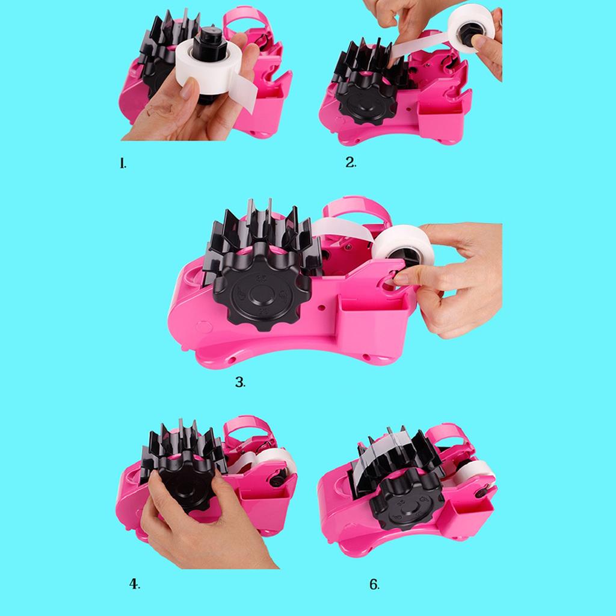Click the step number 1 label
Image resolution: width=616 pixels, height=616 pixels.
[x=123, y=164]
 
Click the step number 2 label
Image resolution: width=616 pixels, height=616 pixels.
[x=351, y=162]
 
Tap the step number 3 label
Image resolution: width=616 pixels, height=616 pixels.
[x=240, y=382]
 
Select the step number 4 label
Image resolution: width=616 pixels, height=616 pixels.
[x=134, y=584]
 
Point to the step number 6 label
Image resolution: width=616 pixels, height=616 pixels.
[x=374, y=584]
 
